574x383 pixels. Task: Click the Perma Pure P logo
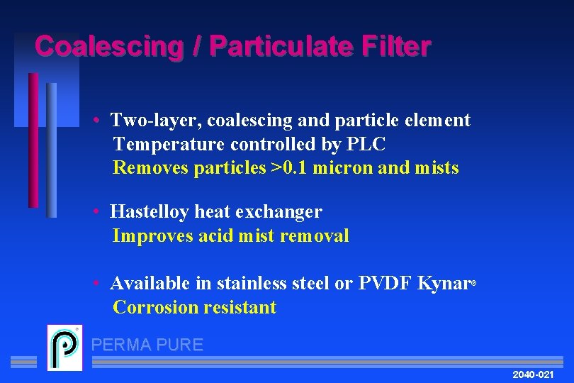[64, 348]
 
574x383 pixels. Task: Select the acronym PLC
[366, 145]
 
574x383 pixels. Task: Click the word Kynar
[444, 284]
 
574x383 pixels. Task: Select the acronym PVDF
[385, 284]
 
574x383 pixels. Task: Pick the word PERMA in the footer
[120, 345]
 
